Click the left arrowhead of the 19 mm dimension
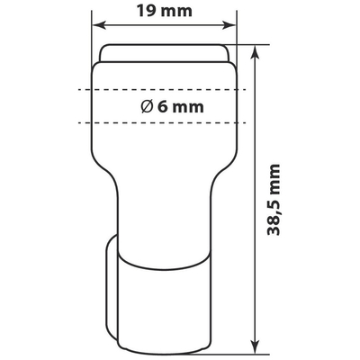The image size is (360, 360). coord(96,27)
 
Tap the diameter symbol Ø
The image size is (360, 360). coord(146,106)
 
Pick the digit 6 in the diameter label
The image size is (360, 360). coord(163,106)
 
